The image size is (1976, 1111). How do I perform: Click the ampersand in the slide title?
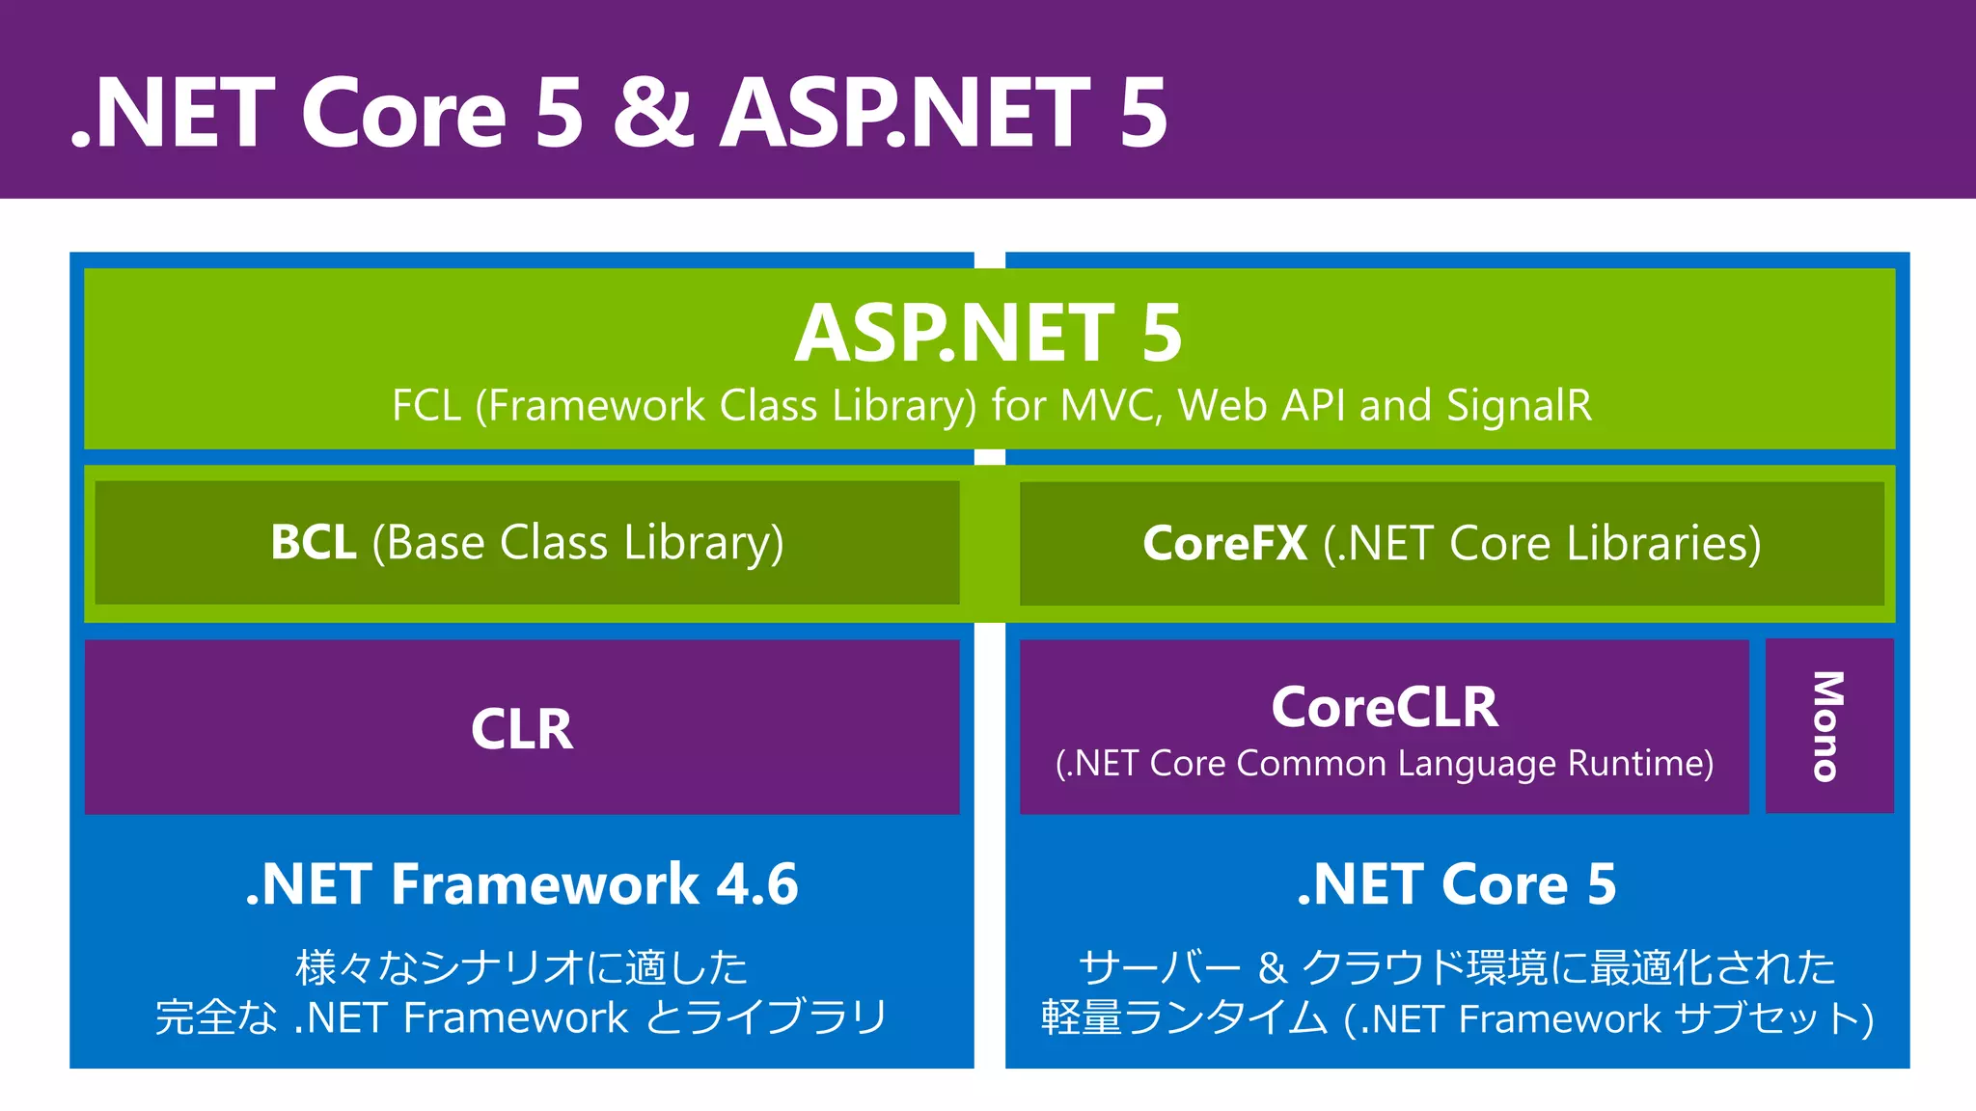tap(652, 114)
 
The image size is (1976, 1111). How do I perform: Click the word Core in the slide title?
tap(403, 114)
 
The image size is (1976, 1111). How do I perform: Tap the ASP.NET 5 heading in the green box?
tap(988, 334)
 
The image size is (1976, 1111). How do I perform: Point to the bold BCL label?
tap(314, 543)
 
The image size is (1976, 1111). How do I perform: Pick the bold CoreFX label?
tap(1224, 544)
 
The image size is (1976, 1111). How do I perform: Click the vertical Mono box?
tap(1828, 726)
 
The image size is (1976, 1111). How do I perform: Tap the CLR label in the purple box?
tap(522, 729)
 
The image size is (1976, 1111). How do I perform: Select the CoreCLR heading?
tap(1385, 708)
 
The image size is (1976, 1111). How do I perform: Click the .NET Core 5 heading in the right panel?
tap(1456, 884)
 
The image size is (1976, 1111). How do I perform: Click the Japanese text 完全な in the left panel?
tap(216, 1018)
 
